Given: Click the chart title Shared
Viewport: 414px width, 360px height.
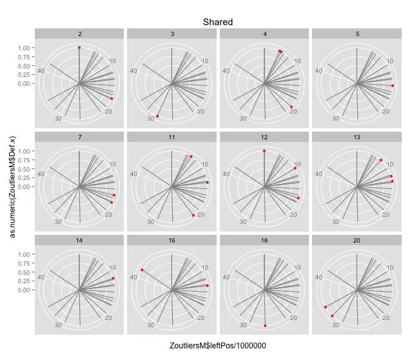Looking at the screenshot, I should click(x=217, y=22).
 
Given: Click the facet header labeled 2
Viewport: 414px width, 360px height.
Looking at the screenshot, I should click(x=79, y=33).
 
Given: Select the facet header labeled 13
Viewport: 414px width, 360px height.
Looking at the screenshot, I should click(x=358, y=137).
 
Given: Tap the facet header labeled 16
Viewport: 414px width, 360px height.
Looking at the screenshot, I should click(x=172, y=240).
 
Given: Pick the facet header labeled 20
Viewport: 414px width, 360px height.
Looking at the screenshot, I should click(x=358, y=240).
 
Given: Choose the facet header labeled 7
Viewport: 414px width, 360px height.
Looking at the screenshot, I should click(x=79, y=137).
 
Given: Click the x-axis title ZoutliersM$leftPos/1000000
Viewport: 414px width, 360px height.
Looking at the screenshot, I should click(x=218, y=346).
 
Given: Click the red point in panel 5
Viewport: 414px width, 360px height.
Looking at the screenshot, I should click(x=393, y=86).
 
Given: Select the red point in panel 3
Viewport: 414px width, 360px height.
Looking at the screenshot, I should click(x=157, y=116).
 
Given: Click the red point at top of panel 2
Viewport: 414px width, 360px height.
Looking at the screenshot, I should click(x=79, y=48).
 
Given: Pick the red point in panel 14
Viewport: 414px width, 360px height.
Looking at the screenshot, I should click(x=113, y=278).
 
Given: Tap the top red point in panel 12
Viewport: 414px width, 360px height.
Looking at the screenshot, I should click(x=264, y=151).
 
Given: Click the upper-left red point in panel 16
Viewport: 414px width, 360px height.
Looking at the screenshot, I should click(x=142, y=270).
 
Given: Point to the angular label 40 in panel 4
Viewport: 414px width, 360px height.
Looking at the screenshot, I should click(x=227, y=70).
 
